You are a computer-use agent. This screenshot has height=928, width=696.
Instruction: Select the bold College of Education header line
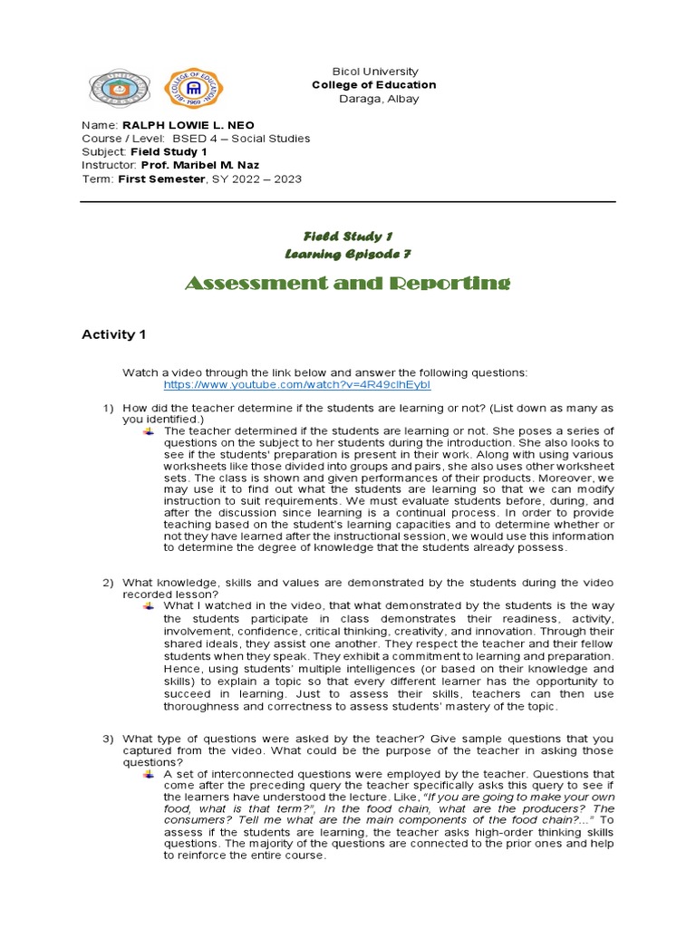click(374, 84)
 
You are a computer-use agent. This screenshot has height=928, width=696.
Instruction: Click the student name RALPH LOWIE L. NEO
click(188, 124)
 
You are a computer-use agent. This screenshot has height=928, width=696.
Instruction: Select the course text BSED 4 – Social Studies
click(235, 139)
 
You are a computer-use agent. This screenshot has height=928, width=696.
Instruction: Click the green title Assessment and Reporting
click(348, 284)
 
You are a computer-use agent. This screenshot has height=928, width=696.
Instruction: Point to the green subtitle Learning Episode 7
click(348, 254)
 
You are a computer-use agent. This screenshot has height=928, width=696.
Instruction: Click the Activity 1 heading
click(113, 334)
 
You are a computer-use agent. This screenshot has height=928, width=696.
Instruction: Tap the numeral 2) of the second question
click(107, 582)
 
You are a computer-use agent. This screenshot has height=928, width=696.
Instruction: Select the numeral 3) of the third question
click(107, 739)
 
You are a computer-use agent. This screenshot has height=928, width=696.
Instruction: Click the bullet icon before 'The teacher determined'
click(149, 431)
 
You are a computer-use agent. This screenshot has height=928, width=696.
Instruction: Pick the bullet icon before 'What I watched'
click(149, 605)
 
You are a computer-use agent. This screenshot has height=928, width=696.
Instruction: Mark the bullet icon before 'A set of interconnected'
click(149, 775)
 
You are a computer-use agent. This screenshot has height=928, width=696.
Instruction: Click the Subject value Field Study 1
click(169, 152)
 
